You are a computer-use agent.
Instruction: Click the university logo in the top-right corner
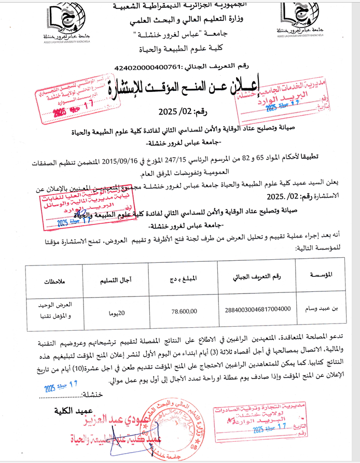(x=294, y=21)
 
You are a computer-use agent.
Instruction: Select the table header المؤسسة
(x=324, y=274)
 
